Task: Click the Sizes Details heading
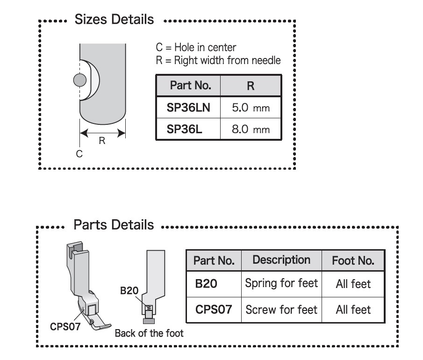[x=114, y=20]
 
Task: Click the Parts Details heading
[x=114, y=225]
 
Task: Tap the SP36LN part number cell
[x=188, y=108]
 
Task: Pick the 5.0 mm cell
[x=251, y=108]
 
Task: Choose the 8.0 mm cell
[x=251, y=129]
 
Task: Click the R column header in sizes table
[x=251, y=86]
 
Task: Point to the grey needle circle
[x=80, y=80]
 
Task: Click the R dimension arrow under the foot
[x=102, y=133]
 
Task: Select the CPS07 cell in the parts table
[x=214, y=309]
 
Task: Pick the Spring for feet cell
[x=281, y=283]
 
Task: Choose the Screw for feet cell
[x=281, y=309]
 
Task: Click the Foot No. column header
[x=353, y=260]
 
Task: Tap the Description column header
[x=281, y=260]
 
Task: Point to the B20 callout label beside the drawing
[x=129, y=291]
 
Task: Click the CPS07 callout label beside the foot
[x=65, y=326]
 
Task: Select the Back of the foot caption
[x=149, y=333]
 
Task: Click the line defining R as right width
[x=218, y=60]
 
